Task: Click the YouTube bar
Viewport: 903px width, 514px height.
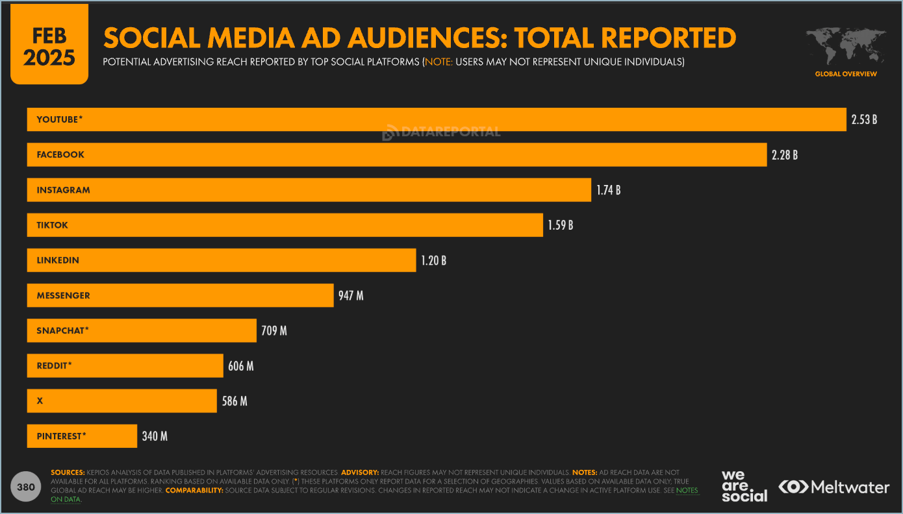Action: pos(437,119)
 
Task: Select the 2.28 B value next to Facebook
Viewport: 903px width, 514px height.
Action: pos(784,155)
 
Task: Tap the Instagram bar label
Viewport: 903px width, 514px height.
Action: pos(64,190)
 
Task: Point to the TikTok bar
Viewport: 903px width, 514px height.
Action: pos(285,225)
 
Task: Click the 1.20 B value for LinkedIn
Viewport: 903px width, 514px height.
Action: pos(433,261)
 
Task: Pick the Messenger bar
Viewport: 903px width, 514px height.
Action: pos(180,296)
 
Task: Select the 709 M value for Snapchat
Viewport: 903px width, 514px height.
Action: pos(274,331)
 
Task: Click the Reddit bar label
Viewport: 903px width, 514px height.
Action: pos(54,366)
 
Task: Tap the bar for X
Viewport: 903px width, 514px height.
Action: pos(121,401)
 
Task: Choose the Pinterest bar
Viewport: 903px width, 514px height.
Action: pos(82,436)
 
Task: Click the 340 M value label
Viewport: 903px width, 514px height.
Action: pos(155,437)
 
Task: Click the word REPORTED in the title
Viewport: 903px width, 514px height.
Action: pos(668,38)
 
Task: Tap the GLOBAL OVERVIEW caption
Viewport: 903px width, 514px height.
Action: pos(846,74)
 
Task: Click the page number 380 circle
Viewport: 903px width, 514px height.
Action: pos(26,487)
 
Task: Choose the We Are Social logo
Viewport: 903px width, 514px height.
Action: pos(744,486)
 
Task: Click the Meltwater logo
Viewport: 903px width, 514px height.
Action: pos(833,487)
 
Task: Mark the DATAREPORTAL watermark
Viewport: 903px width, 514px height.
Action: pos(442,132)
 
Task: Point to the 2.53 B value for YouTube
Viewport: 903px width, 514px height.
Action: pos(864,120)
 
